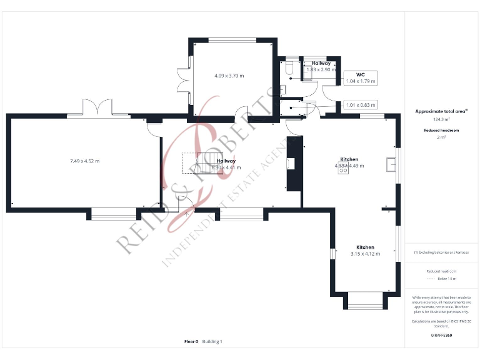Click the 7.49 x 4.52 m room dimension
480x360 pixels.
[x=84, y=161]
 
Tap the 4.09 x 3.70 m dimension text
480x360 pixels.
[x=229, y=76]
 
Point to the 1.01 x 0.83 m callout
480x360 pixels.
[x=361, y=105]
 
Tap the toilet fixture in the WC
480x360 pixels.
[x=289, y=67]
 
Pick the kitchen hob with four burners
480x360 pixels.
[x=343, y=171]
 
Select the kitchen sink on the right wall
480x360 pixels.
[x=391, y=164]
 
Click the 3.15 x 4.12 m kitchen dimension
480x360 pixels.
[x=365, y=254]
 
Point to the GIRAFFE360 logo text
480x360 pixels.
[x=441, y=336]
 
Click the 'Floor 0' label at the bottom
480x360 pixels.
[x=191, y=342]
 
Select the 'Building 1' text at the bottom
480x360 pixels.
[x=212, y=342]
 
